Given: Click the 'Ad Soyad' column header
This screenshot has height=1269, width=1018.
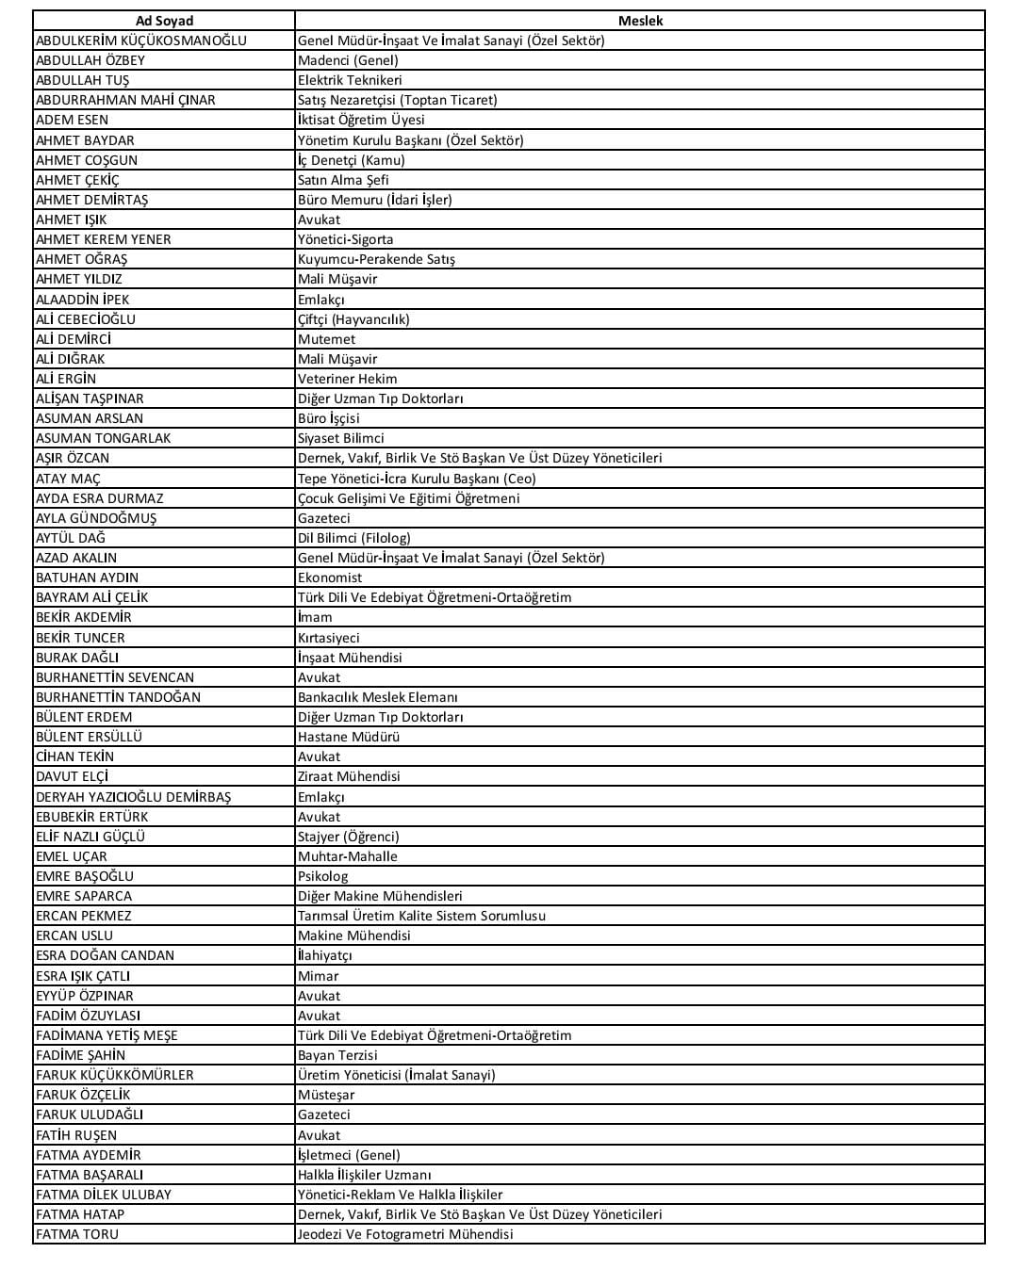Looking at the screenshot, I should click(164, 21).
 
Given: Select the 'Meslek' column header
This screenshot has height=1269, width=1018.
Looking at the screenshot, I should click(640, 21).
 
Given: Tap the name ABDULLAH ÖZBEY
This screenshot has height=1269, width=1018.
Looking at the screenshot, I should click(90, 60).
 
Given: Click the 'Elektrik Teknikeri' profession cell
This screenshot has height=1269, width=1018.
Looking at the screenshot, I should click(350, 80).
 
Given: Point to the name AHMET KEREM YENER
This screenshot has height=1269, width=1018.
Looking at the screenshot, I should click(104, 239).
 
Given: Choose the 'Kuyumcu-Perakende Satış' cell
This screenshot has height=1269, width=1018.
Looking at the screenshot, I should click(376, 259).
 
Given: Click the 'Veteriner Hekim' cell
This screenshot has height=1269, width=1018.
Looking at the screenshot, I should click(348, 379).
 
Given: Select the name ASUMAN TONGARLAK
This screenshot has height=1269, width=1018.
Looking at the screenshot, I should click(104, 438).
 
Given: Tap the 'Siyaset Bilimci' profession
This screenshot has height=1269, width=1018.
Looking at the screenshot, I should click(341, 438).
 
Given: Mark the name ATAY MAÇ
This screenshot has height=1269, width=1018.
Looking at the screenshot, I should click(68, 479).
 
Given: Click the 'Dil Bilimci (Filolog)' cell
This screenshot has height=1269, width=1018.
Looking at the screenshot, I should click(354, 538).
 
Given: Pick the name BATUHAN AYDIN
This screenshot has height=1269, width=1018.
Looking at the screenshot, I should click(87, 578).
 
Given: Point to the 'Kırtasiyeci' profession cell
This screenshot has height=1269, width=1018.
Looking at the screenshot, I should click(329, 638).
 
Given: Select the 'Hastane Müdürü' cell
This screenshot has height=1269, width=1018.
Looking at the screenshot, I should click(349, 737).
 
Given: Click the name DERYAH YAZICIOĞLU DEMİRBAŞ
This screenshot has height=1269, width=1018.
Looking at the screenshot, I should click(133, 797).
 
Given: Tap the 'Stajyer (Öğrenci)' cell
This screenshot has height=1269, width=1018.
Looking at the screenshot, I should click(349, 837).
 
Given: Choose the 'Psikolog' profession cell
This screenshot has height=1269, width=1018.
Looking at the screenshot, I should click(323, 876).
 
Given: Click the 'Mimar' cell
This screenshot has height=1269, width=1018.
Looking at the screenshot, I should click(319, 976).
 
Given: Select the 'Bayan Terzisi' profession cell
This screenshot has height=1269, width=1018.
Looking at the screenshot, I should click(337, 1055).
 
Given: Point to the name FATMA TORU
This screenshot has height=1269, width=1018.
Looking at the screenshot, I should click(77, 1234).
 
